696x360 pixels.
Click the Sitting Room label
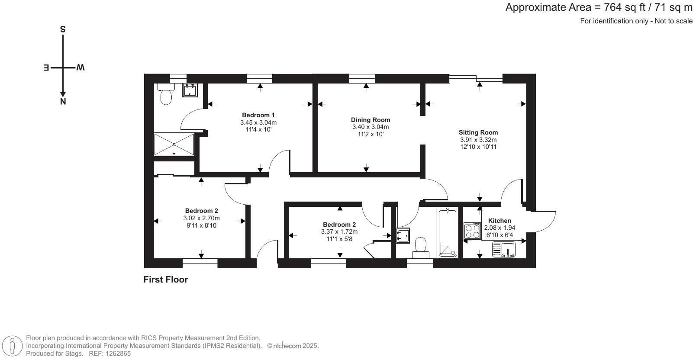(478, 132)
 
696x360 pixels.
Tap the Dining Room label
(370, 120)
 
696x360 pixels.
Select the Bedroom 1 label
(258, 115)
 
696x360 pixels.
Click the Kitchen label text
(499, 221)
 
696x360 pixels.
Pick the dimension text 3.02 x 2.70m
(201, 218)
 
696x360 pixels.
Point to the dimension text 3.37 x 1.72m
(339, 231)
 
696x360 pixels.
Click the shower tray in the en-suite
(174, 144)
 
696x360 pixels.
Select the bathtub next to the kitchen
(447, 233)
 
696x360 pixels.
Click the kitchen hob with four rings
(472, 231)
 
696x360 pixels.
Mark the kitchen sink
(504, 250)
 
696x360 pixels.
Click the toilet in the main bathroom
(420, 246)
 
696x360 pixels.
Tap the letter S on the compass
(63, 29)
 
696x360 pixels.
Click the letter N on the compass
(63, 102)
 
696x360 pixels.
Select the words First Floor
(165, 280)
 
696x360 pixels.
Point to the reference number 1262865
(116, 354)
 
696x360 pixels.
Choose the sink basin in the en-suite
(190, 90)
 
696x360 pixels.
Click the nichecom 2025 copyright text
(293, 346)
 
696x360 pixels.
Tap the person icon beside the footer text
(13, 346)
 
